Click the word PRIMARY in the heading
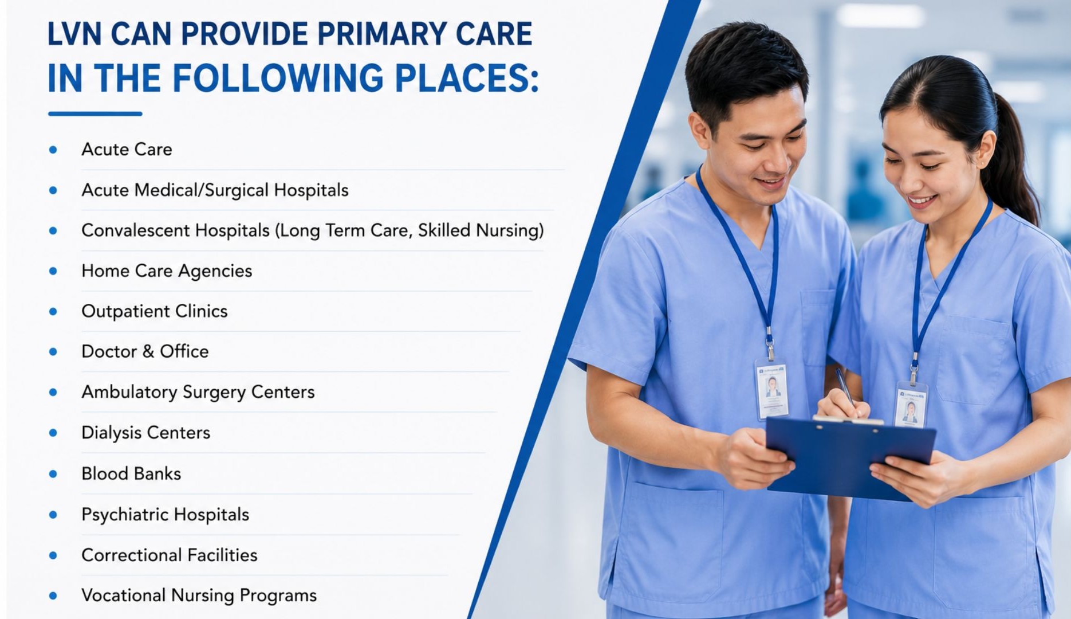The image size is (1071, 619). (382, 34)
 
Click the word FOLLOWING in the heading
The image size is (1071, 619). (278, 78)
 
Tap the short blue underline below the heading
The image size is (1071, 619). (95, 113)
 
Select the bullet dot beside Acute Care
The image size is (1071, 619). (53, 150)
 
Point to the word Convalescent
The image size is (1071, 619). (135, 230)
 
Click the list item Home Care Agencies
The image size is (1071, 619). (167, 271)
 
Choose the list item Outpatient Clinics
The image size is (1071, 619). (155, 311)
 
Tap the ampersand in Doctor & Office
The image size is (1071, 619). (148, 351)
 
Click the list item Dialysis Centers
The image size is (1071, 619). (146, 433)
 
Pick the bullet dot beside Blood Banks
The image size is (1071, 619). (53, 474)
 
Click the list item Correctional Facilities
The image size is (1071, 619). (170, 555)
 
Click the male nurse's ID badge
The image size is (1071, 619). (772, 389)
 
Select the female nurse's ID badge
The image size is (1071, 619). (911, 405)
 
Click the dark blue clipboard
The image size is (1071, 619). (850, 457)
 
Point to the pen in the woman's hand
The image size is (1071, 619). (845, 388)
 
